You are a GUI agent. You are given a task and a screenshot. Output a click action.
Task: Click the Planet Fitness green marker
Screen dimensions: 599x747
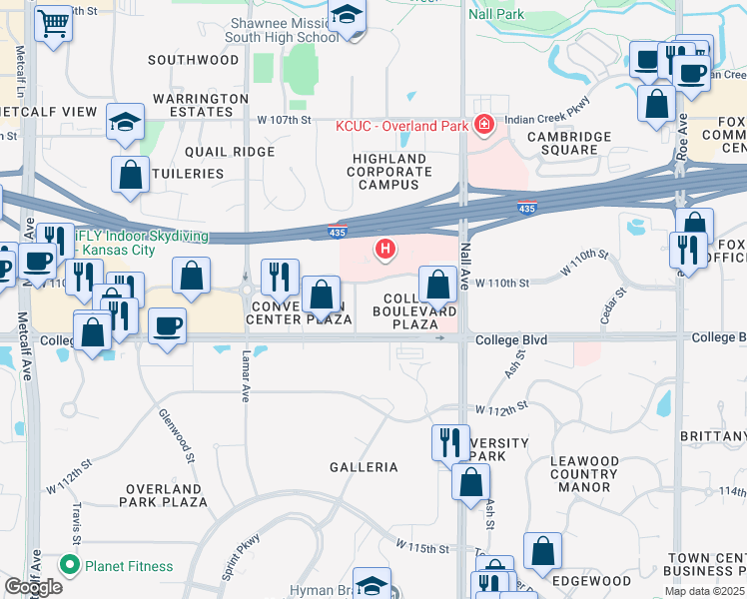point(70,566)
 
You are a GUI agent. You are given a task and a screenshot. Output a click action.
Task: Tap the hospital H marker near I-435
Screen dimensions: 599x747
point(384,249)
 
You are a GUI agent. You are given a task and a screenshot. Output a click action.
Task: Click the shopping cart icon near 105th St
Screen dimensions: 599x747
point(54,22)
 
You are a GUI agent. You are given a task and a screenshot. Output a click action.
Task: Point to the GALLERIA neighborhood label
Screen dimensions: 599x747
point(364,467)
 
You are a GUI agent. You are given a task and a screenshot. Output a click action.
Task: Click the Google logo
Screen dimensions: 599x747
point(32,587)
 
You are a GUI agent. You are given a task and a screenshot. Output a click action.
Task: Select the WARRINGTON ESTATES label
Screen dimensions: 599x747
point(201,106)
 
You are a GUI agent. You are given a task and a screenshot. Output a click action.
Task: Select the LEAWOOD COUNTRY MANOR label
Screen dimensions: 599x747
point(584,474)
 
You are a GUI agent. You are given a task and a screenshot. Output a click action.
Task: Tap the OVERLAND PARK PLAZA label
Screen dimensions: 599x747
point(166,496)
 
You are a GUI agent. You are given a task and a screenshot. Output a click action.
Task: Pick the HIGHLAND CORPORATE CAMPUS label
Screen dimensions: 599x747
point(390,172)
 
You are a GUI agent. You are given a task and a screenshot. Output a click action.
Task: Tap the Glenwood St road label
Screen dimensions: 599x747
point(176,434)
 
